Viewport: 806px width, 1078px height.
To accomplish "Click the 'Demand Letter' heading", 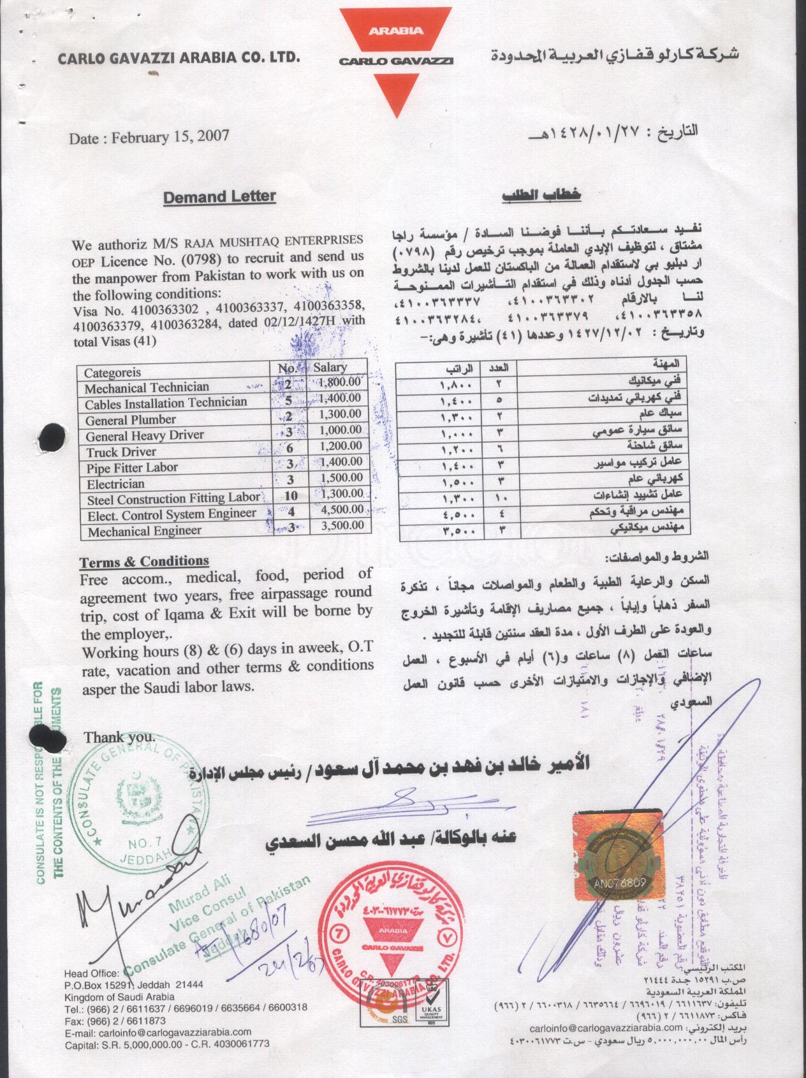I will point(219,196).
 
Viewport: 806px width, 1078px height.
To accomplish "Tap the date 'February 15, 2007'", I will point(170,136).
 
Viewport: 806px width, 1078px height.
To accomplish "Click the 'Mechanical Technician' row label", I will point(147,388).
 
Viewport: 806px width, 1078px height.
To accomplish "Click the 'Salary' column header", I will point(330,367).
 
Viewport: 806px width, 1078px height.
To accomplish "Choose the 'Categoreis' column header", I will point(113,372).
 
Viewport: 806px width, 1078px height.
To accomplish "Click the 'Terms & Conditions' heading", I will point(144,561).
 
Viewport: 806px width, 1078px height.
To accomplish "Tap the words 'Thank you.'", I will point(119,737).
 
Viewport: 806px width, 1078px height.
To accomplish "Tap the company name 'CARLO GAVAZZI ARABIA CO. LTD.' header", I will point(179,59).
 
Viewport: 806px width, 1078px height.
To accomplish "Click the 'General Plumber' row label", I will point(131,419).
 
